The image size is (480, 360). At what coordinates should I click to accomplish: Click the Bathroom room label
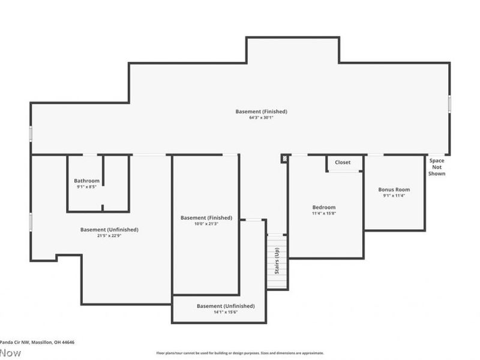click(87, 181)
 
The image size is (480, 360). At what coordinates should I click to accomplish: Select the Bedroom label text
click(323, 207)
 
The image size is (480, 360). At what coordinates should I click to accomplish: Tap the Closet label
click(343, 163)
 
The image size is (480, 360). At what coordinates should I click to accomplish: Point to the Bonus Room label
click(394, 190)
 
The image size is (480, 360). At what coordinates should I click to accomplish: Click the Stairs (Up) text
click(277, 261)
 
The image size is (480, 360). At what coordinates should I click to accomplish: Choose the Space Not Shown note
click(437, 167)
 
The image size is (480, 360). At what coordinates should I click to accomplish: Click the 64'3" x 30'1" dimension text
click(261, 118)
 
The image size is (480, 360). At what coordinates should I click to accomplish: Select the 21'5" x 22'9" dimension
click(109, 236)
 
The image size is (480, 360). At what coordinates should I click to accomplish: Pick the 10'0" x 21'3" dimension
click(206, 224)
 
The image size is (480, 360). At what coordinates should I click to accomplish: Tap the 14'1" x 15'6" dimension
click(226, 312)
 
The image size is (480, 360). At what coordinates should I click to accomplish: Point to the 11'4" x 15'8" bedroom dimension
click(323, 213)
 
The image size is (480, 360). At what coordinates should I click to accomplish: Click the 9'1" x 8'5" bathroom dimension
click(87, 187)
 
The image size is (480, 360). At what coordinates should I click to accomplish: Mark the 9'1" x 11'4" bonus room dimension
click(394, 196)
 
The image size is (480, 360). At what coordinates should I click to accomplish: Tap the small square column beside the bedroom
click(284, 159)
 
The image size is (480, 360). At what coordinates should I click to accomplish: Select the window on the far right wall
click(449, 103)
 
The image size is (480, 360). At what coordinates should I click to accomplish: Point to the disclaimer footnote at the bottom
click(240, 353)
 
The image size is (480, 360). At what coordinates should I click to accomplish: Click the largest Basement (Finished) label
click(261, 112)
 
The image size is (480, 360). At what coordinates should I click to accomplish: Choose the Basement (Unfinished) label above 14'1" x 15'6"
click(226, 306)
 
